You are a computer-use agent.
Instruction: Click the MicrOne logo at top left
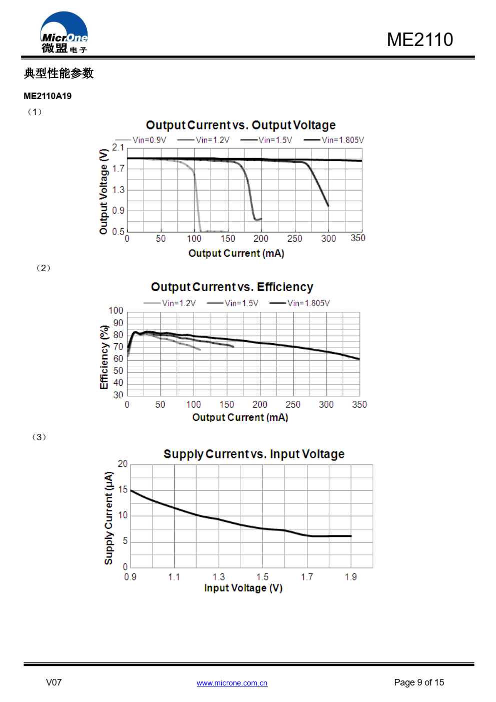[64, 33]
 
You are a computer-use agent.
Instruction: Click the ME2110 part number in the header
[419, 40]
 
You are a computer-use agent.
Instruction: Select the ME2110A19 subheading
[48, 96]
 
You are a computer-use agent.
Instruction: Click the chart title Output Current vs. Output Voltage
[241, 125]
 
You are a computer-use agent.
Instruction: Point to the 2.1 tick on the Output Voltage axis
[118, 148]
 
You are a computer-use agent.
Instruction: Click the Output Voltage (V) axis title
[104, 192]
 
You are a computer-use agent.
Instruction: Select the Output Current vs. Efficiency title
[232, 287]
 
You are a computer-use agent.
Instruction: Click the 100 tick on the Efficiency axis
[116, 311]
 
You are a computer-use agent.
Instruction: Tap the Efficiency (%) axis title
[104, 357]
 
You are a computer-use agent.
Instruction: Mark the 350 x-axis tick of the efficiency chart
[359, 404]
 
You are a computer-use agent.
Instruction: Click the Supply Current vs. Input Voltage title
[254, 454]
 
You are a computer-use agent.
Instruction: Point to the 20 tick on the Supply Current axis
[123, 464]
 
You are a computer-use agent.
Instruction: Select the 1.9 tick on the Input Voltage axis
[351, 577]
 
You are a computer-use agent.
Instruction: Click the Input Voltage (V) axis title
[243, 588]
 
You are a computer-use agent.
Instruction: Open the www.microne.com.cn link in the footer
[232, 683]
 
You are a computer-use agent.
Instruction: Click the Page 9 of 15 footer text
[419, 682]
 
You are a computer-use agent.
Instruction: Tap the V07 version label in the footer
[54, 682]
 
